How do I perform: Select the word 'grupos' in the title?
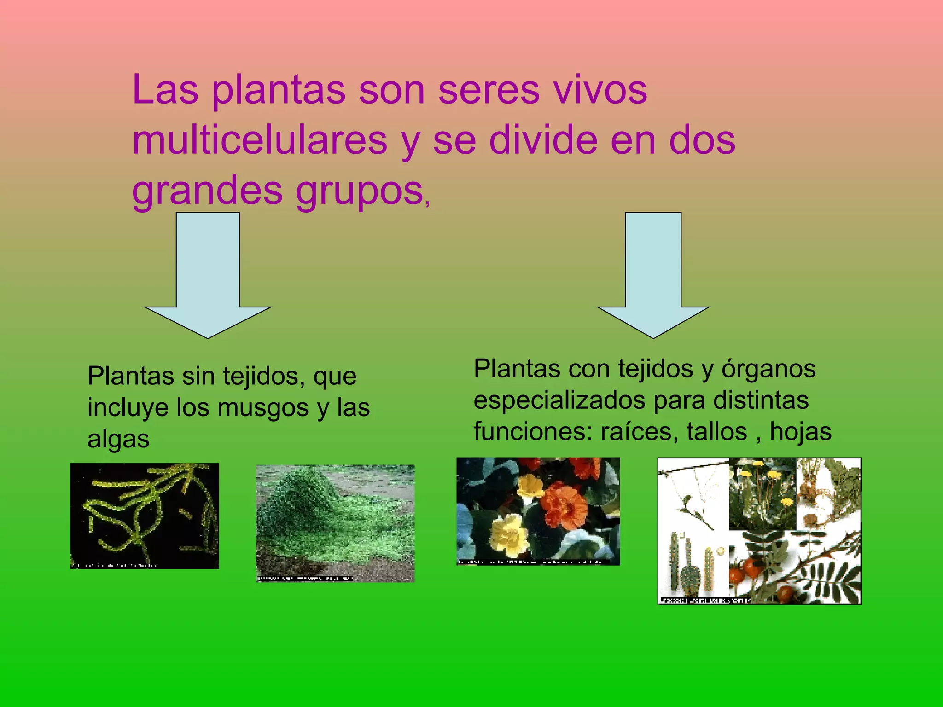pyautogui.click(x=359, y=191)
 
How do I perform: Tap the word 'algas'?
pyautogui.click(x=118, y=439)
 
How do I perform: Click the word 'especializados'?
pyautogui.click(x=558, y=400)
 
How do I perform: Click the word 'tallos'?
pyautogui.click(x=717, y=432)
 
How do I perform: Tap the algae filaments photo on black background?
pyautogui.click(x=145, y=516)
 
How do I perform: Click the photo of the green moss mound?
pyautogui.click(x=335, y=523)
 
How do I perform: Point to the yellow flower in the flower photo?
pyautogui.click(x=509, y=534)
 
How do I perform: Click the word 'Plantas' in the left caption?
pyautogui.click(x=131, y=377)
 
